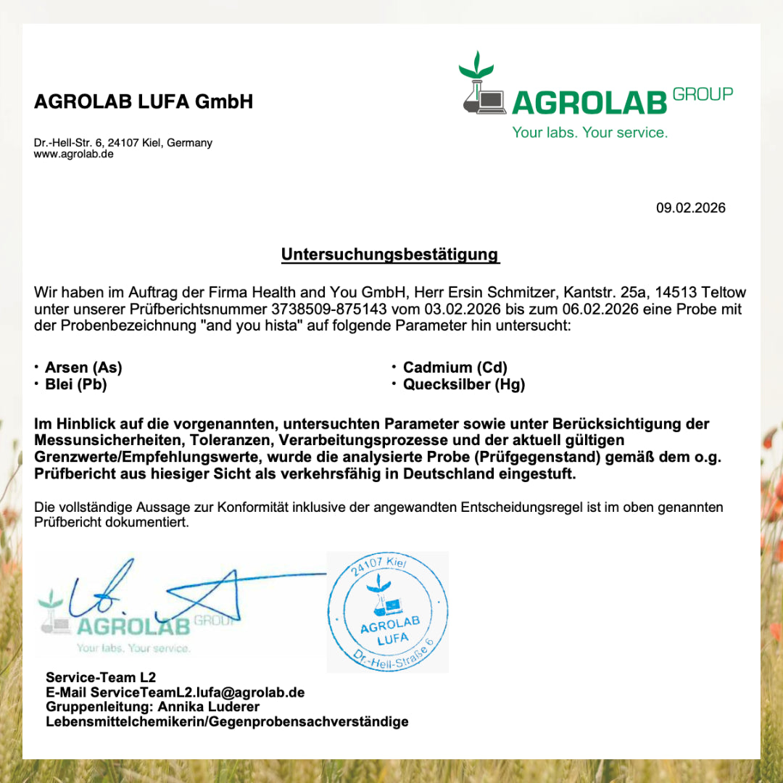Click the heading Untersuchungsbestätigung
point(390,254)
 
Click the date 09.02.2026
point(690,208)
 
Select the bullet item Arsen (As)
point(83,368)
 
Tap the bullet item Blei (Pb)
point(75,385)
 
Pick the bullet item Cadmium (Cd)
point(455,368)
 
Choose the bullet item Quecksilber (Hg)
point(463,385)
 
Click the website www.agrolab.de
point(73,154)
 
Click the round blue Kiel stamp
point(388,612)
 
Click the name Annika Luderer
point(209,707)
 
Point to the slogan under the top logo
point(589,133)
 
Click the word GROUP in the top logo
point(703,94)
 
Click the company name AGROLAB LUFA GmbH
point(144,101)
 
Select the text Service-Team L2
point(101,678)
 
